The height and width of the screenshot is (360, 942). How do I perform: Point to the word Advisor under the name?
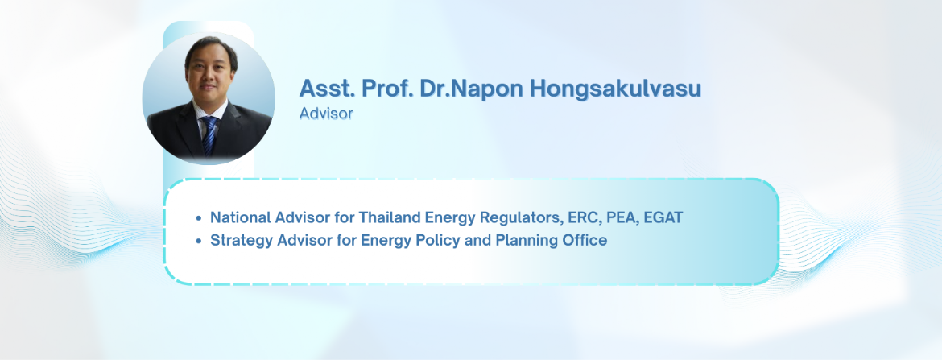coord(326,113)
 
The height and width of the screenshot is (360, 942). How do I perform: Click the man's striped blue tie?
coord(209,135)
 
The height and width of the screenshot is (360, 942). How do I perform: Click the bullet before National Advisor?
coord(199,217)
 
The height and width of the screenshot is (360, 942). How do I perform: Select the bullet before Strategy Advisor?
coord(199,241)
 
